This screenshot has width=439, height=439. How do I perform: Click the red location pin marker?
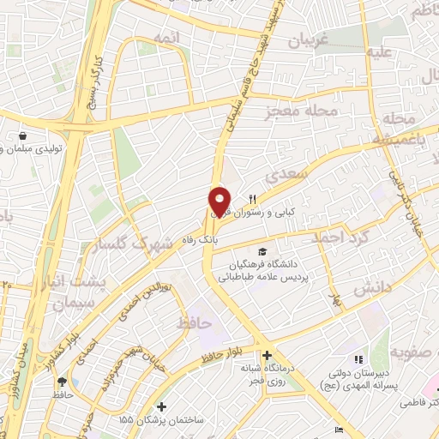click(219, 201)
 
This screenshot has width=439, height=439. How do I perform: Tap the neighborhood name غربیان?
click(306, 40)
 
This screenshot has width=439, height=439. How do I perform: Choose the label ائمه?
click(165, 39)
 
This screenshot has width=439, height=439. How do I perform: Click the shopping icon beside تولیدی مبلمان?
click(21, 135)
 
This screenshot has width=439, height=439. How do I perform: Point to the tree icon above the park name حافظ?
click(62, 382)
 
